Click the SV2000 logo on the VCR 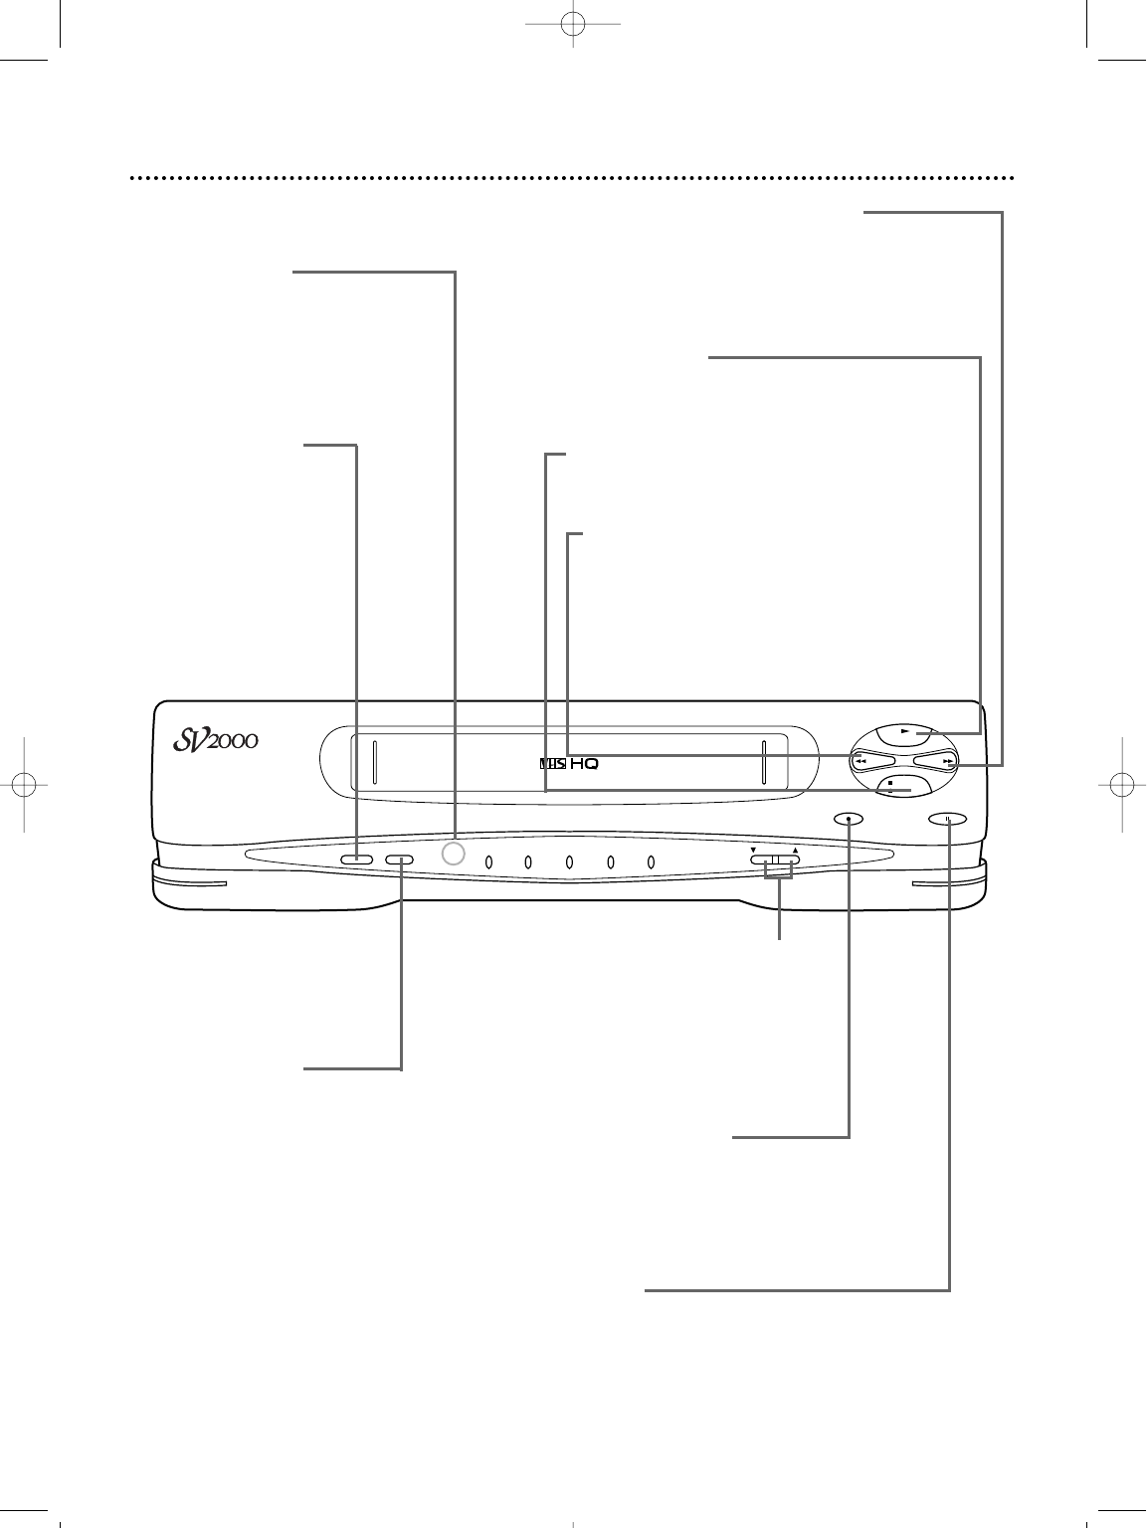pos(216,740)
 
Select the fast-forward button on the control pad pos(936,762)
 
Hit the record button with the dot pos(849,819)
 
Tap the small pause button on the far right pos(947,819)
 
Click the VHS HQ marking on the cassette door pos(569,764)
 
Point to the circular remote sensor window pos(453,854)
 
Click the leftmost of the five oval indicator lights pos(488,862)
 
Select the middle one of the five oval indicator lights pos(569,862)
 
